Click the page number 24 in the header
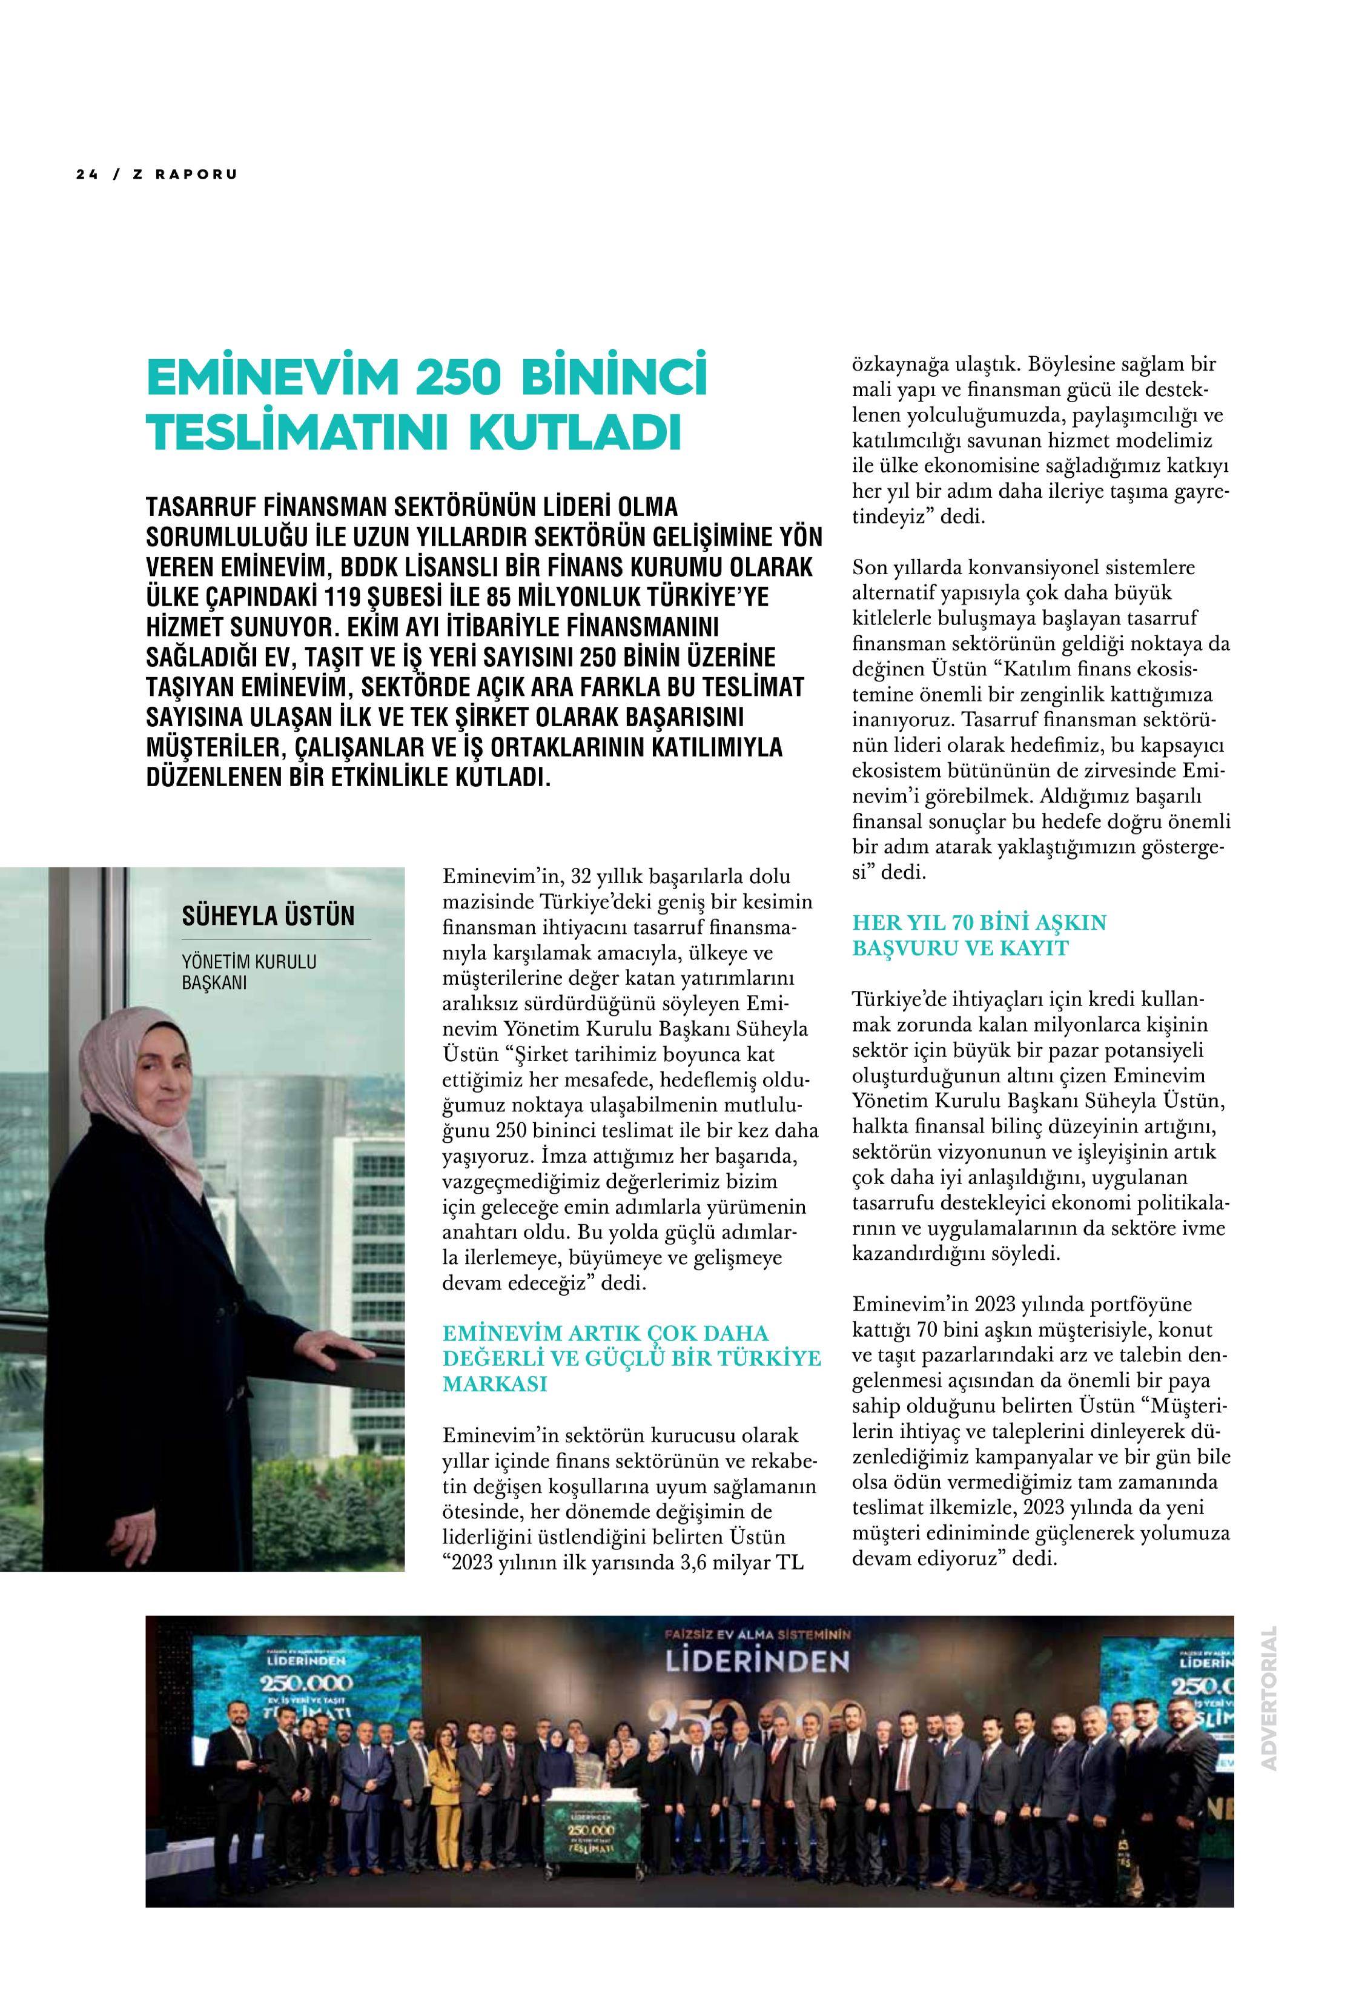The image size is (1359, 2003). (85, 174)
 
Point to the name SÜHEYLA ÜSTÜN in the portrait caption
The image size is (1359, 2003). (268, 915)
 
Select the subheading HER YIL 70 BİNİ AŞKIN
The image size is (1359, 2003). (979, 923)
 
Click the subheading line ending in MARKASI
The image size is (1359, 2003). (495, 1384)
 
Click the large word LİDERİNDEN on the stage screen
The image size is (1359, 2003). (756, 1662)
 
